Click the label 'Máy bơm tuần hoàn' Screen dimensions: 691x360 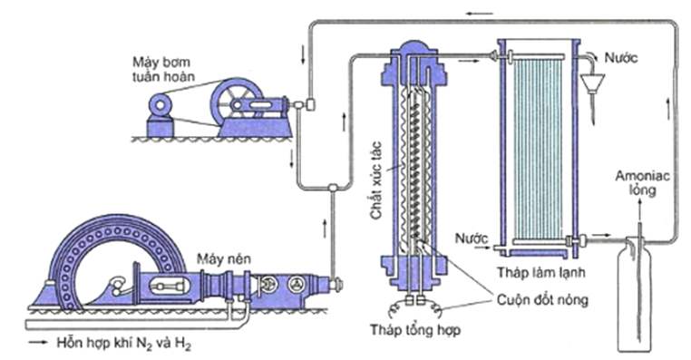[x=164, y=69]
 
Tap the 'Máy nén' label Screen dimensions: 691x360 [x=223, y=258]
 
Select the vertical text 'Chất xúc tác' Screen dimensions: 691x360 [x=377, y=180]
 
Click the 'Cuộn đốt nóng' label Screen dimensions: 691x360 [x=542, y=300]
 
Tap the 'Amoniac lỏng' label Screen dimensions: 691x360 [x=642, y=183]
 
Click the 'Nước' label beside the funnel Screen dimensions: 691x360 [x=620, y=58]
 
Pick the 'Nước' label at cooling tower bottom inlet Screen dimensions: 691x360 [x=472, y=238]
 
